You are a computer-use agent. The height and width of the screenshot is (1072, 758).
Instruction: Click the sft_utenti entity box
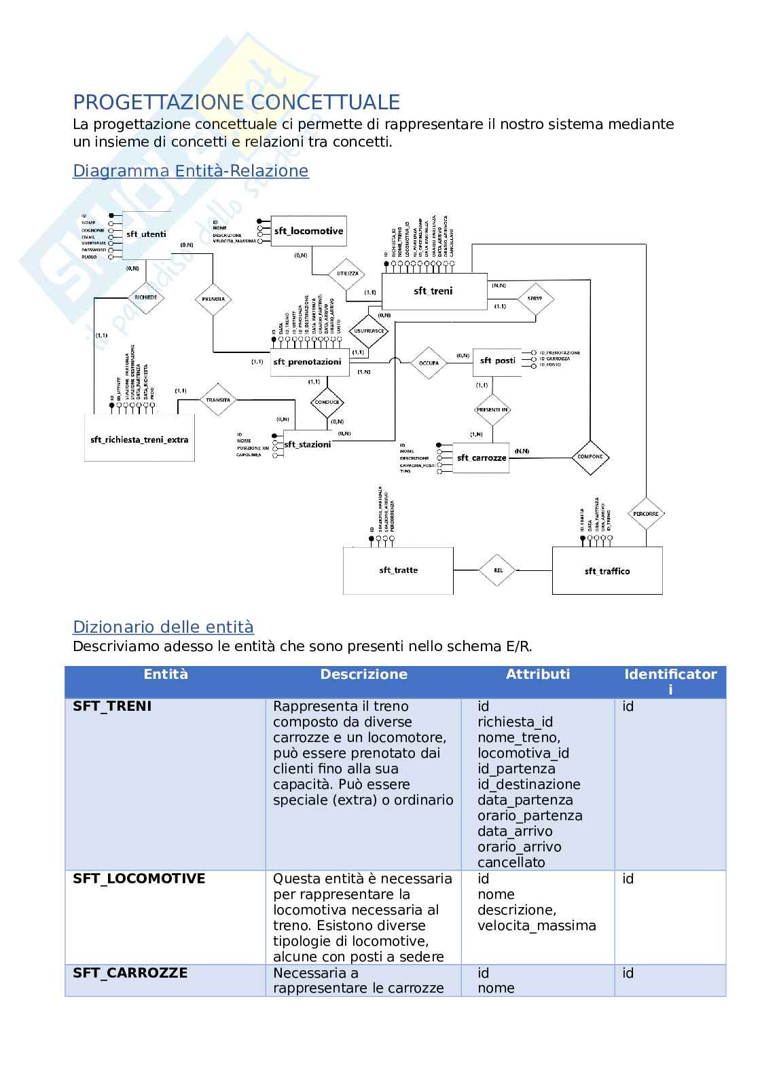point(146,235)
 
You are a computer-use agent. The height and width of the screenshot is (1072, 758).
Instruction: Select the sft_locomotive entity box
point(308,231)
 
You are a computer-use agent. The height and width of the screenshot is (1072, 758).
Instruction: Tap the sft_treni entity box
point(433,291)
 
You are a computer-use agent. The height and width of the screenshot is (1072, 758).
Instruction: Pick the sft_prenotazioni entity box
point(310,362)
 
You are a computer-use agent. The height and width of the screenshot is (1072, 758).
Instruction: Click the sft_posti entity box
point(498,361)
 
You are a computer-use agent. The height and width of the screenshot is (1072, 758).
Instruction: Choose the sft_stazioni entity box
point(307,444)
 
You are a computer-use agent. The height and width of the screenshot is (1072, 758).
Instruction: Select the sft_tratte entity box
point(398,570)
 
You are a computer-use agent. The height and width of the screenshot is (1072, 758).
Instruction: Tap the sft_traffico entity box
point(607,571)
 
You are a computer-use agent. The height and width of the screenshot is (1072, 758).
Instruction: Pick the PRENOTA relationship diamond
point(213,299)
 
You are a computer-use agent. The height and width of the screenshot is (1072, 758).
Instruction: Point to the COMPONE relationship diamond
point(590,457)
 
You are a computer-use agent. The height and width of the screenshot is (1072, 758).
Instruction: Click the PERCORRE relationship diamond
point(645,514)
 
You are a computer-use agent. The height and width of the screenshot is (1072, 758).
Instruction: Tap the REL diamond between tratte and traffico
point(498,570)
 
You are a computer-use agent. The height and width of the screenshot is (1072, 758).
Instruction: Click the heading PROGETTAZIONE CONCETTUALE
point(236,103)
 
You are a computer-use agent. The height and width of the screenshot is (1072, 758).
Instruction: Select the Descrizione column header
point(363,674)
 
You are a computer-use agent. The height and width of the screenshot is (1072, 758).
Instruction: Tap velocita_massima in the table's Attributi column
point(537,925)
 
